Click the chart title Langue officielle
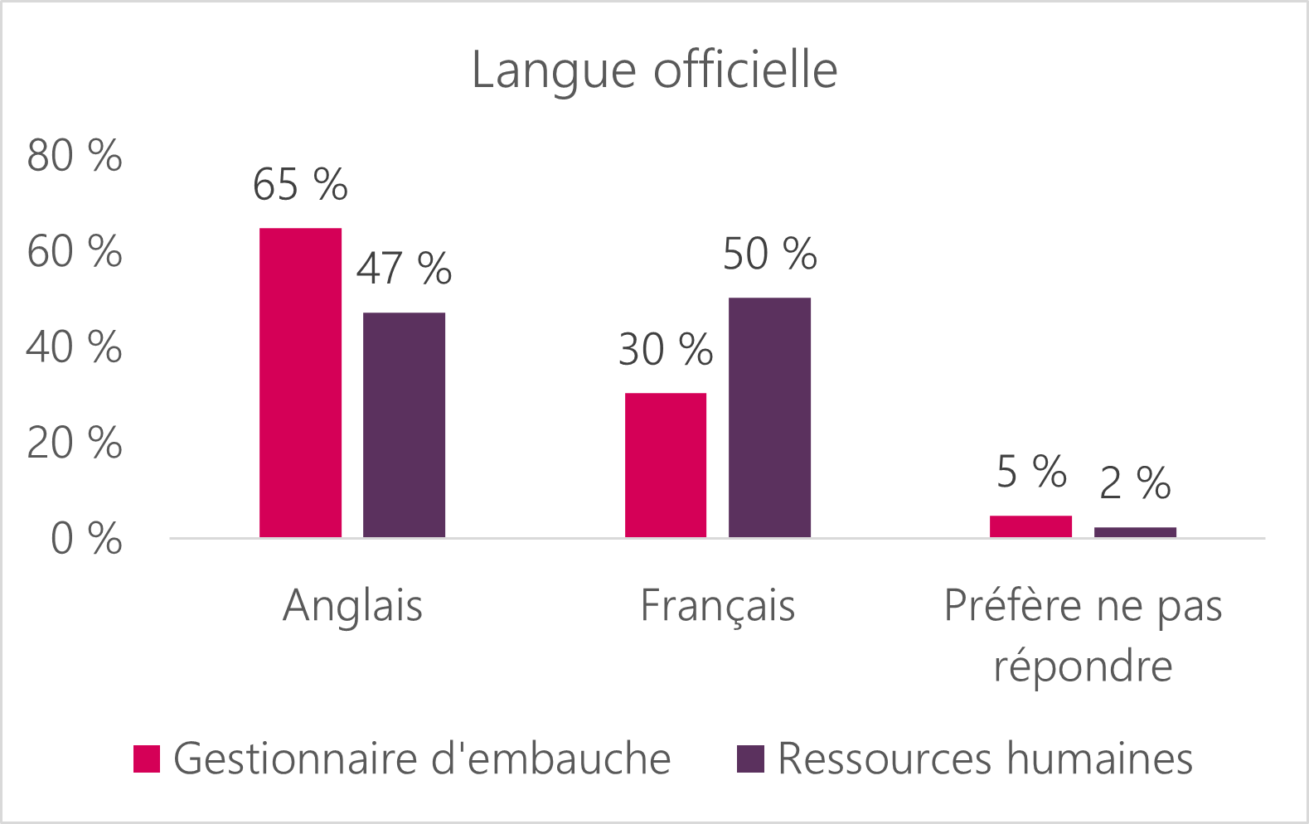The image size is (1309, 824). pyautogui.click(x=654, y=70)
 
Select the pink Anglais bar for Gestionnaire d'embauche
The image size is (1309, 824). pyautogui.click(x=300, y=382)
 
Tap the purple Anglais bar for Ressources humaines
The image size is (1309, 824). pyautogui.click(x=404, y=424)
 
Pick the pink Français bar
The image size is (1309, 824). pyautogui.click(x=666, y=465)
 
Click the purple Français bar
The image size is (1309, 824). pyautogui.click(x=769, y=417)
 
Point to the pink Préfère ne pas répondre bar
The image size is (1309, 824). pyautogui.click(x=1030, y=526)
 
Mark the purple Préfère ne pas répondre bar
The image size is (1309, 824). pyautogui.click(x=1135, y=532)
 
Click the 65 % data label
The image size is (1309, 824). pyautogui.click(x=300, y=185)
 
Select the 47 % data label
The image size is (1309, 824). pyautogui.click(x=404, y=269)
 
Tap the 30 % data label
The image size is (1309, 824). pyautogui.click(x=666, y=350)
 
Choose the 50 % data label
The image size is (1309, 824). pyautogui.click(x=769, y=254)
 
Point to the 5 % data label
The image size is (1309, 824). pyautogui.click(x=1030, y=472)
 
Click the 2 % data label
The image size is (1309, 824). pyautogui.click(x=1135, y=483)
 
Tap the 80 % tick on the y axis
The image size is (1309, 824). pyautogui.click(x=75, y=156)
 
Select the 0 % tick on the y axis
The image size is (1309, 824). pyautogui.click(x=86, y=540)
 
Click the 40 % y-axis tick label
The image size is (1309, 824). pyautogui.click(x=75, y=347)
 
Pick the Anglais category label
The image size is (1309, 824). pyautogui.click(x=352, y=605)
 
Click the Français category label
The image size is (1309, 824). pyautogui.click(x=718, y=605)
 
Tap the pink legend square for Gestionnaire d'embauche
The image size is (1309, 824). pyautogui.click(x=147, y=759)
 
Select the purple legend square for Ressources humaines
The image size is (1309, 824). pyautogui.click(x=750, y=759)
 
